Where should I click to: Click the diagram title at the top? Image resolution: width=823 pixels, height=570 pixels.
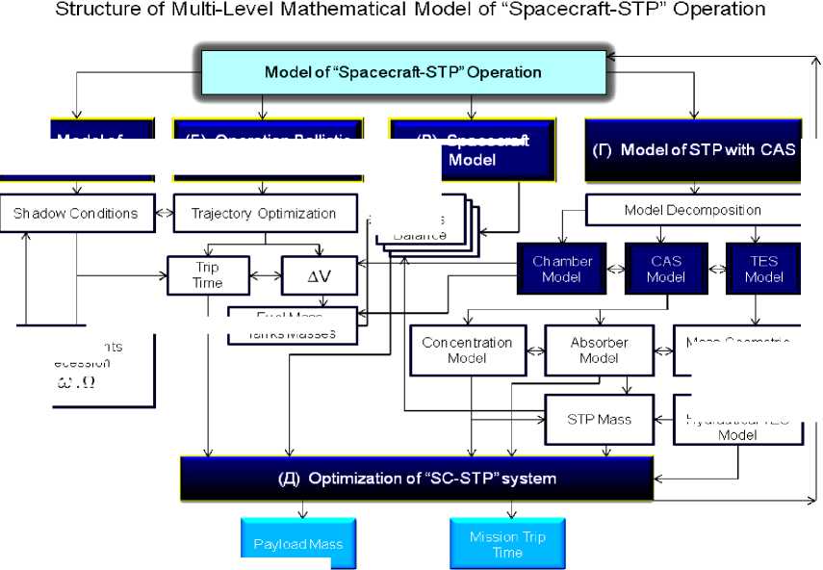[x=410, y=10]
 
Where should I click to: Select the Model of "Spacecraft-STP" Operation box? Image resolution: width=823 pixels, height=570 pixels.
[x=403, y=72]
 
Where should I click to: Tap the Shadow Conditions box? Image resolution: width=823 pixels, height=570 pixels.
[x=76, y=214]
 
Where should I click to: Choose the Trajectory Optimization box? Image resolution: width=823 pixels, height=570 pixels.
[x=264, y=214]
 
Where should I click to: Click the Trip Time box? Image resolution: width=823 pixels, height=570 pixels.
[x=207, y=275]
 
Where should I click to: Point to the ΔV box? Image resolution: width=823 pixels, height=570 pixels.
[x=318, y=276]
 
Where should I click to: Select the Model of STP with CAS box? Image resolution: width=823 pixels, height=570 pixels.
[x=693, y=150]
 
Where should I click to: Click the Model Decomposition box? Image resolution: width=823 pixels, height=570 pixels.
[x=692, y=210]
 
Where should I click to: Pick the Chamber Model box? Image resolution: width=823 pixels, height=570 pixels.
[x=563, y=269]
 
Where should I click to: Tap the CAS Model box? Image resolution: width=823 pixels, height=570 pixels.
[x=665, y=269]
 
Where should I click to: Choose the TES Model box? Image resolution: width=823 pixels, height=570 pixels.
[x=764, y=269]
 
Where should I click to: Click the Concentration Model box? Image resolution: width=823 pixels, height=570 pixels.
[x=467, y=350]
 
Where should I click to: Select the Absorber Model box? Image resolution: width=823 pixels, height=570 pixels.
[x=599, y=350]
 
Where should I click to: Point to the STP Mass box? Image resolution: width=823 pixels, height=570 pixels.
[x=600, y=419]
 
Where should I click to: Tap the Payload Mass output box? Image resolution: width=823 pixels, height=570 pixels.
[x=297, y=544]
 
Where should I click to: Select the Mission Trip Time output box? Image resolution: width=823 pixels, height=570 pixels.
[x=507, y=544]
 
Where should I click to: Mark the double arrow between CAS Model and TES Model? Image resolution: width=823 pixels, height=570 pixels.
[x=715, y=269]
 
